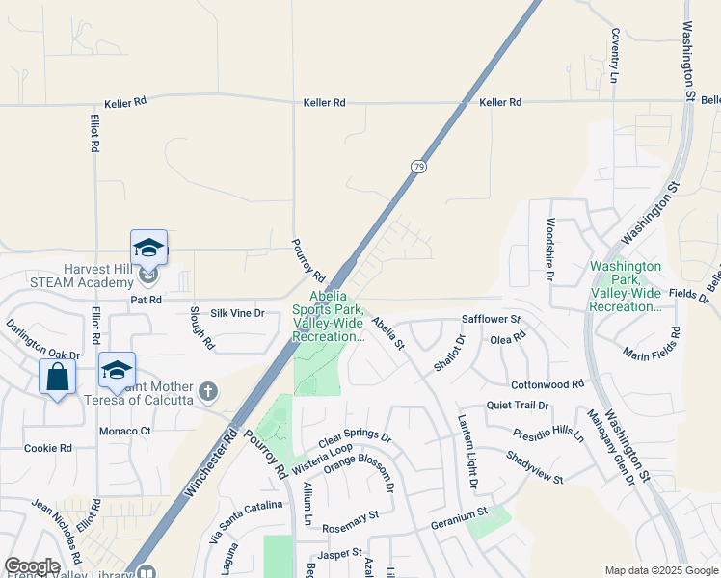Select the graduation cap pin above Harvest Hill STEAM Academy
[148, 248]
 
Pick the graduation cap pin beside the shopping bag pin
[117, 370]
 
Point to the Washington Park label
[626, 286]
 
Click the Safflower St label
[492, 319]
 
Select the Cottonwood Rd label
[547, 383]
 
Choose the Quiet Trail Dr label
[518, 406]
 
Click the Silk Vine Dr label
[237, 314]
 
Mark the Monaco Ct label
[125, 431]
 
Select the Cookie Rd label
[48, 448]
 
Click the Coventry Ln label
[614, 54]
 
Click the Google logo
[32, 566]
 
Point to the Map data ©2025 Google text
[660, 570]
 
